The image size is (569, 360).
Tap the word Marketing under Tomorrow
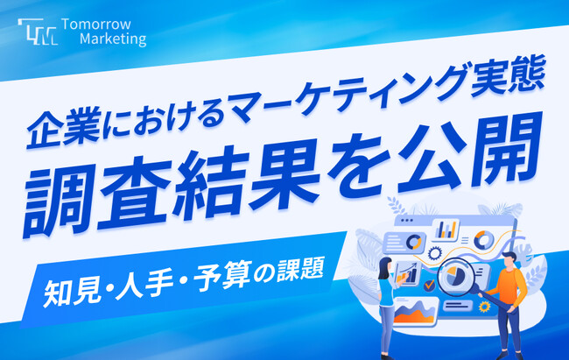click(x=112, y=40)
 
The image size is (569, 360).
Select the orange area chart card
click(x=412, y=310)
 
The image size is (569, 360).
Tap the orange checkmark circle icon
click(x=427, y=286)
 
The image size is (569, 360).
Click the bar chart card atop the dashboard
click(x=446, y=229)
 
